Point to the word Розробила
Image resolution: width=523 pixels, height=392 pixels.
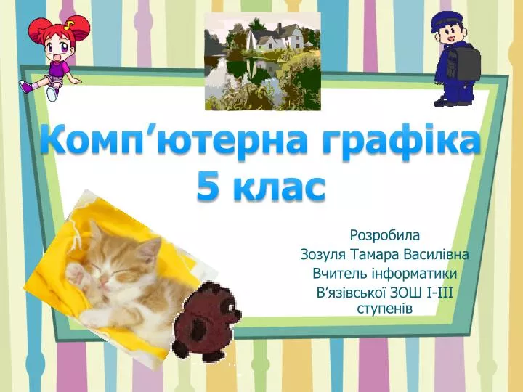pyautogui.click(x=384, y=235)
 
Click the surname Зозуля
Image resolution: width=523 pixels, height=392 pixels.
pyautogui.click(x=323, y=255)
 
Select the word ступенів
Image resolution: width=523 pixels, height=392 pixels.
pyautogui.click(x=384, y=308)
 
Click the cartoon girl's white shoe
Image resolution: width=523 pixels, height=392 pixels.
pyautogui.click(x=52, y=93)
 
